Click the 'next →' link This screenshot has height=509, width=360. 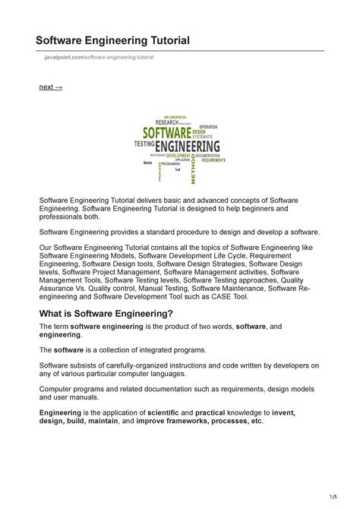coord(51,87)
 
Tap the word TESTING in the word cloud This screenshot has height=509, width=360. coord(144,143)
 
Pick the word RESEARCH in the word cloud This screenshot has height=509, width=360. coord(167,122)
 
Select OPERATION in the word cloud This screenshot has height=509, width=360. coord(208,126)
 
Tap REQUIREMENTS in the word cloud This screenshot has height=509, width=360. coord(213,160)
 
